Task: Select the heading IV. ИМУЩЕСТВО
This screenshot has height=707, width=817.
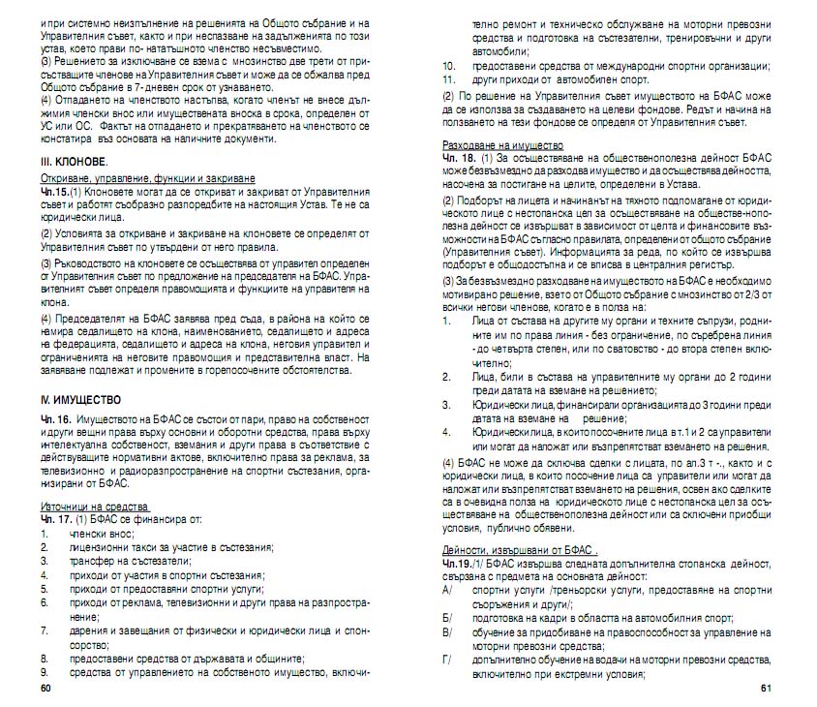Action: point(80,398)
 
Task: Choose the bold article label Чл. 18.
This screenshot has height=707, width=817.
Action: point(458,156)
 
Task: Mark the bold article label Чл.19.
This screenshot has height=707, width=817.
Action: point(456,563)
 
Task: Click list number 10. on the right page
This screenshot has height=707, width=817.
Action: point(448,66)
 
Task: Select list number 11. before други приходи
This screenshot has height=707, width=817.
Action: point(448,79)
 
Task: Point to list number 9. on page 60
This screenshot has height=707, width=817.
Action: point(45,669)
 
